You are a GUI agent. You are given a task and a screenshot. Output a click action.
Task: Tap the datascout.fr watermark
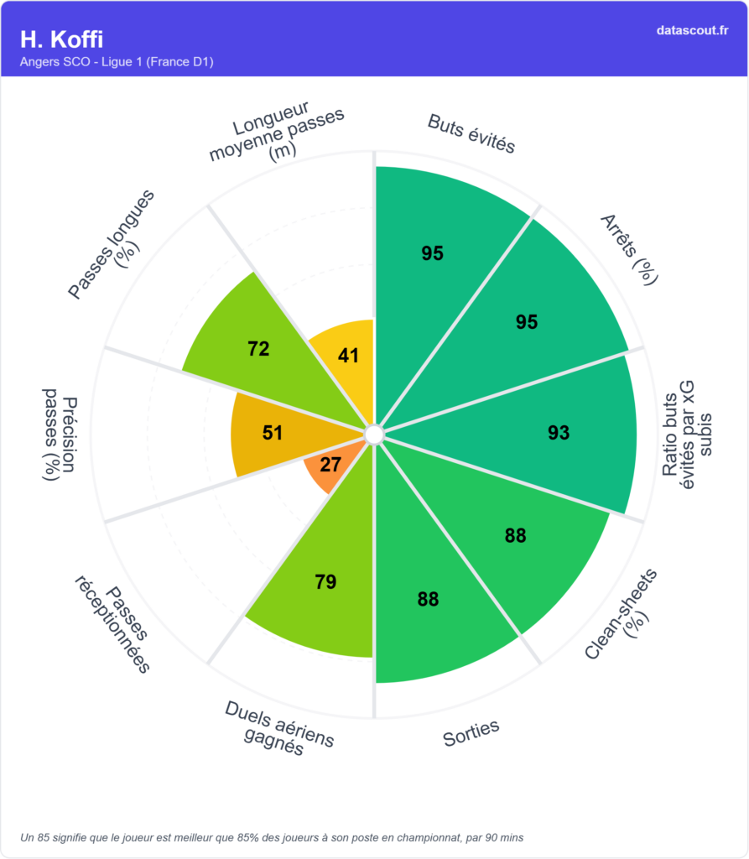(x=692, y=30)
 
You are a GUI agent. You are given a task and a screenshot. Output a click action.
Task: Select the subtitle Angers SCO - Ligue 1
(x=117, y=62)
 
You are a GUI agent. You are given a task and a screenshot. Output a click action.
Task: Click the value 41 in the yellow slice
(x=349, y=356)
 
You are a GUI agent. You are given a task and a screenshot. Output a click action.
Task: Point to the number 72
(x=258, y=349)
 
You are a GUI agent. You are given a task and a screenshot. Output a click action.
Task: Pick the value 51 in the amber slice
(x=273, y=433)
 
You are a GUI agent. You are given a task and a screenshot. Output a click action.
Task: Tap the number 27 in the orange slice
(x=330, y=465)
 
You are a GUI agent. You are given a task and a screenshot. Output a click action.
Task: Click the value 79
(x=325, y=582)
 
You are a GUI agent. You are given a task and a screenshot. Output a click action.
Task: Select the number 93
(x=559, y=433)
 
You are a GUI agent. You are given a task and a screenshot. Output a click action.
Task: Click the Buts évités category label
(x=471, y=133)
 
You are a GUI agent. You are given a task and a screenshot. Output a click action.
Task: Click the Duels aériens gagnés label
(x=278, y=727)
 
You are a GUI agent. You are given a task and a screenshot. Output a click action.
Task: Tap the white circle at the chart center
(x=374, y=434)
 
